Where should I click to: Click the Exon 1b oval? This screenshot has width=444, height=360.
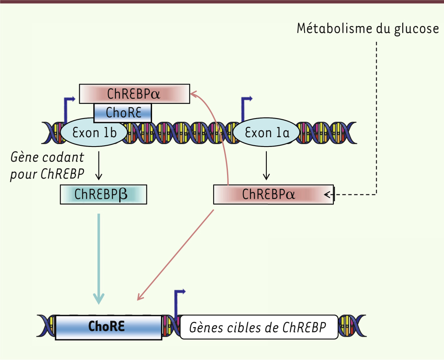coord(94,132)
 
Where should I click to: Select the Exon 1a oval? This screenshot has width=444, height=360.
coord(266,132)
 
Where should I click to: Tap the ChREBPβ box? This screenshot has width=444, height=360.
coord(103,194)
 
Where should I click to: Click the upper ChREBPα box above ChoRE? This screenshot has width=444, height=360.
coord(135,94)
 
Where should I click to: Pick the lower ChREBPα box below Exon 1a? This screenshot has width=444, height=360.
coord(273,194)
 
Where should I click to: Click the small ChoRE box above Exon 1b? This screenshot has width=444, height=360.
coord(122,113)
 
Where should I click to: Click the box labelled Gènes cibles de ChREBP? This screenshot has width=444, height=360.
coord(259,327)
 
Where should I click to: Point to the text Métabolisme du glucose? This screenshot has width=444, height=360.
coord(367,29)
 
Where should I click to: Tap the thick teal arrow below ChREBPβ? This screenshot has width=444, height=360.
coord(99,259)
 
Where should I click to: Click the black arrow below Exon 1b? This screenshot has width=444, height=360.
coord(99,166)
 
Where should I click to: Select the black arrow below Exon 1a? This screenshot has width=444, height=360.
coord(266,166)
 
